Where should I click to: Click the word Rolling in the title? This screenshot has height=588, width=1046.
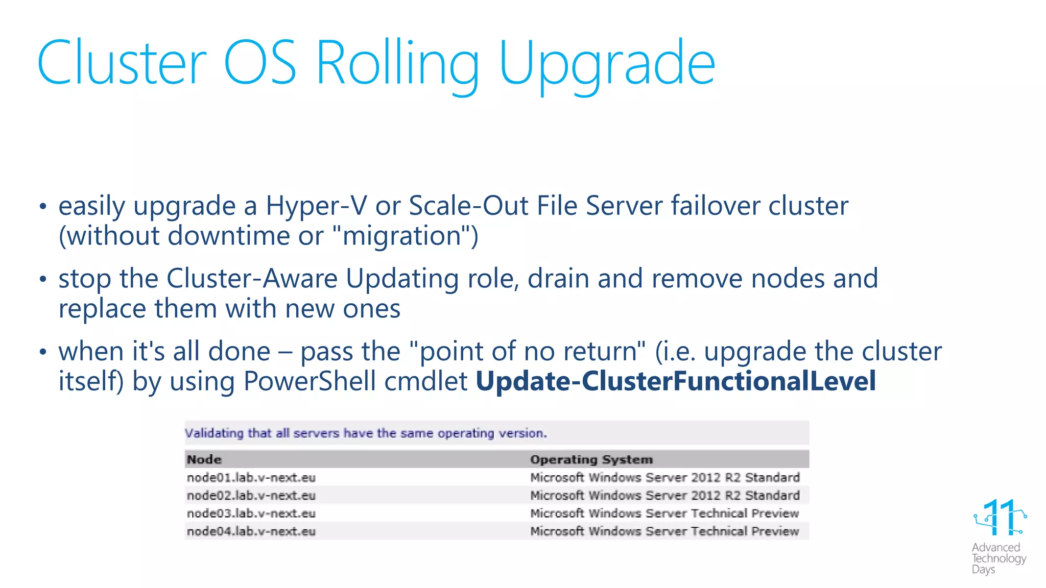coord(397,64)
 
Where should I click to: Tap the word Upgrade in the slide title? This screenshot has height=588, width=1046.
coord(607,64)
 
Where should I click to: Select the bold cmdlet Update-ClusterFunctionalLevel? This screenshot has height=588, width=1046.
coord(675,381)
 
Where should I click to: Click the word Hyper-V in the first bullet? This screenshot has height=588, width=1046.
coord(316,206)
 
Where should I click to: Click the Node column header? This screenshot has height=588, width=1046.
coord(204,459)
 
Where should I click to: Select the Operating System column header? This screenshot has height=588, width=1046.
coord(591,459)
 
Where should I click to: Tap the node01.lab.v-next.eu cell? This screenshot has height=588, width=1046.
coord(251,478)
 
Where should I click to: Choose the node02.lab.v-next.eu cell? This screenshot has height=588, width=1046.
coord(251,496)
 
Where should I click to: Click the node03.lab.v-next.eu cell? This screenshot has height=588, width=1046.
coord(251,513)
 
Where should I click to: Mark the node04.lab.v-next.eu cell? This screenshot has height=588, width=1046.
coord(251,531)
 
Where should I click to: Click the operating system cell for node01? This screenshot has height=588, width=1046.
coord(664,478)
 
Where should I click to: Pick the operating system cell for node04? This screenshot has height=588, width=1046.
coord(664,531)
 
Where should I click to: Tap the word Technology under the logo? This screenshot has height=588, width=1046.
coord(999,558)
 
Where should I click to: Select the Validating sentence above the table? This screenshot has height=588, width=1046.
coord(365,433)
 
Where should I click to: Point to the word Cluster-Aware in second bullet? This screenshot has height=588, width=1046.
coord(252,279)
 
